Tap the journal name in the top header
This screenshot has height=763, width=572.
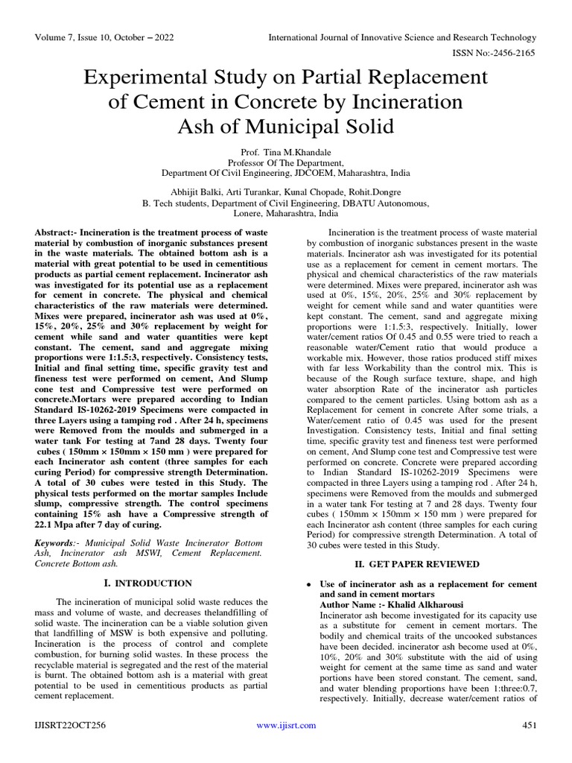pos(401,37)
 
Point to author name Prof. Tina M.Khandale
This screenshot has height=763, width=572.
pos(285,151)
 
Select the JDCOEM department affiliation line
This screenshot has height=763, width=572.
pos(285,172)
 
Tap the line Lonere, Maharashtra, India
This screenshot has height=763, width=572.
pos(285,212)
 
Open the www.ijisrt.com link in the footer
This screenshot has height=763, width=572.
pos(286,725)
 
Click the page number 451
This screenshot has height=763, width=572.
pos(529,725)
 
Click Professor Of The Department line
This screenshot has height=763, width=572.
pos(285,162)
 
